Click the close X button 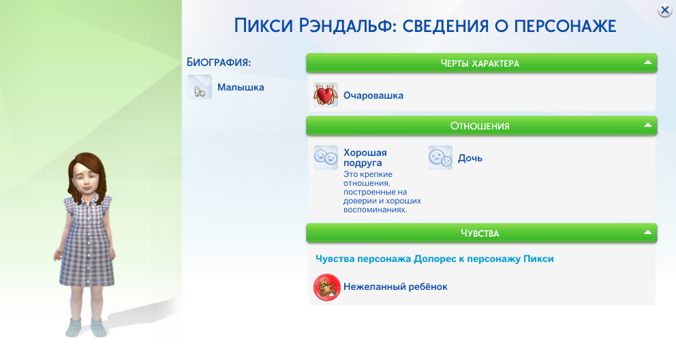pyautogui.click(x=664, y=10)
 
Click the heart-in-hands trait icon pyautogui.click(x=326, y=95)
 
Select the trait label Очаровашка pyautogui.click(x=373, y=95)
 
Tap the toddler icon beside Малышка pyautogui.click(x=200, y=87)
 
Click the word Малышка pyautogui.click(x=241, y=87)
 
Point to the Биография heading pyautogui.click(x=219, y=62)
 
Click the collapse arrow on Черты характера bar pyautogui.click(x=647, y=63)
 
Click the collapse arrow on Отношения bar pyautogui.click(x=647, y=125)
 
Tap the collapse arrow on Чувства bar pyautogui.click(x=647, y=233)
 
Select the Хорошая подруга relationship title pyautogui.click(x=365, y=158)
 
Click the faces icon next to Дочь pyautogui.click(x=440, y=158)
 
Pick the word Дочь pyautogui.click(x=470, y=158)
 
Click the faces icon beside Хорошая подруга pyautogui.click(x=326, y=158)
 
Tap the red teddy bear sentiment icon pyautogui.click(x=327, y=287)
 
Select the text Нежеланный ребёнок pyautogui.click(x=395, y=287)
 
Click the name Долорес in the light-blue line pyautogui.click(x=434, y=259)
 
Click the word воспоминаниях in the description pyautogui.click(x=375, y=210)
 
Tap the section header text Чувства pyautogui.click(x=480, y=233)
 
